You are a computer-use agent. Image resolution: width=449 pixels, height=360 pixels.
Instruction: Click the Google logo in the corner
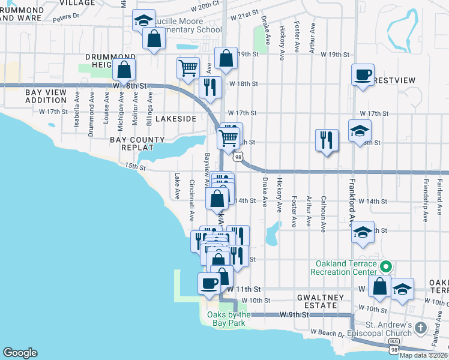[20, 353]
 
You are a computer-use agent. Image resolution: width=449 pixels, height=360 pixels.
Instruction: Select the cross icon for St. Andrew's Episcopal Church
[421, 328]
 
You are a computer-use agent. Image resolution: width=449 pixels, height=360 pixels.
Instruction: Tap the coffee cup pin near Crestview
[362, 75]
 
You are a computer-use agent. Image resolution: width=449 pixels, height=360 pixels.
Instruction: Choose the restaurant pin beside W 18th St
[210, 86]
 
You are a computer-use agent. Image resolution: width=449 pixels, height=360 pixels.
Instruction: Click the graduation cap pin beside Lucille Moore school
[143, 21]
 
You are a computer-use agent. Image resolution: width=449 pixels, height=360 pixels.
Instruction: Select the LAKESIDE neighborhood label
[176, 119]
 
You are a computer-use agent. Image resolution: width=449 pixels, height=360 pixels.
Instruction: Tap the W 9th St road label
[294, 314]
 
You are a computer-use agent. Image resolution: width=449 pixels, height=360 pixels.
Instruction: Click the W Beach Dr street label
[327, 332]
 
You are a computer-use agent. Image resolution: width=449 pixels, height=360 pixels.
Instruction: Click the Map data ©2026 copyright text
[423, 355]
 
